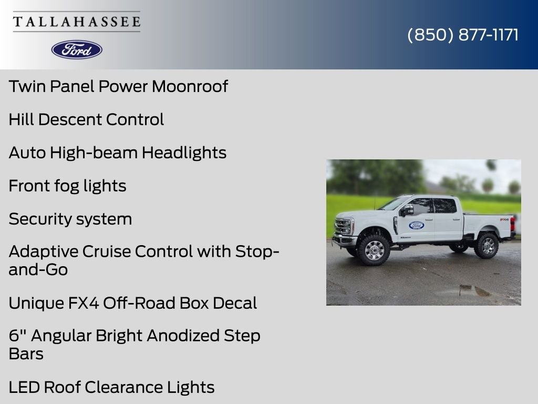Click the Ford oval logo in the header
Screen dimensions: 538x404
click(77, 50)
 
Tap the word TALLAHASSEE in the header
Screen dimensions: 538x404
click(77, 22)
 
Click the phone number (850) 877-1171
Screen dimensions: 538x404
click(463, 35)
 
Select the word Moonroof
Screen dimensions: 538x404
click(190, 86)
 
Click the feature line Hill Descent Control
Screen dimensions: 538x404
click(86, 119)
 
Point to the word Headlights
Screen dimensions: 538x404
click(184, 153)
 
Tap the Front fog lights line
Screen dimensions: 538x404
click(68, 186)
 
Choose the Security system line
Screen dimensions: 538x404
click(70, 219)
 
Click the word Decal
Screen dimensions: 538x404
click(235, 303)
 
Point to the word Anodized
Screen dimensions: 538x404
click(183, 336)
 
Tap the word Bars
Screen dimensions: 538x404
click(26, 354)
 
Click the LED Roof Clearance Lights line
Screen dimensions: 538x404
click(111, 387)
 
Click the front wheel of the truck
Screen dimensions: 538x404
click(374, 250)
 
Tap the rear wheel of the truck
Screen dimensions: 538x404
click(487, 246)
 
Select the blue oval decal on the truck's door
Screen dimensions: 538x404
click(417, 225)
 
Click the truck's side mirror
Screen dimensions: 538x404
click(407, 210)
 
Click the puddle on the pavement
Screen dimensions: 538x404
click(474, 290)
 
